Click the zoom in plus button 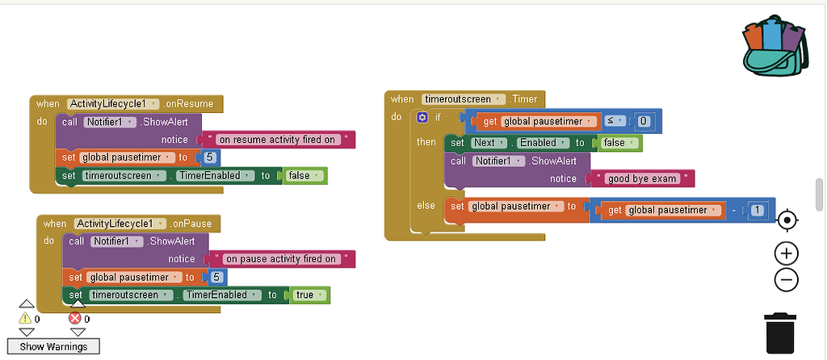786,253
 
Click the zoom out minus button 786,280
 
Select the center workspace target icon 786,220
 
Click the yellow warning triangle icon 26,319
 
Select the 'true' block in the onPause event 308,295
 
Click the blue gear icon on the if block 422,118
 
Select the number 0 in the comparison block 643,121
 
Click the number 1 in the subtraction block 756,210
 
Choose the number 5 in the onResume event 209,157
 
